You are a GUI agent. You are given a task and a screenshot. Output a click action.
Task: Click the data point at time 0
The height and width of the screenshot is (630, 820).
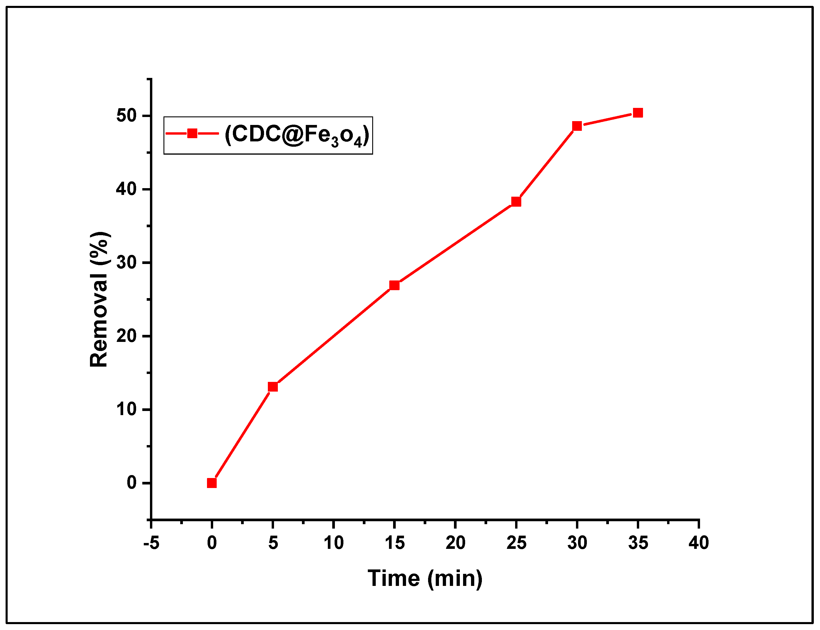[212, 483]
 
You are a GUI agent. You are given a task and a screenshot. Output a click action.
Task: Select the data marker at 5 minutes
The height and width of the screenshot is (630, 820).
[273, 387]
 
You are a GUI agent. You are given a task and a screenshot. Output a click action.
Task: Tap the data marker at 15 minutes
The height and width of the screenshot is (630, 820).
[395, 285]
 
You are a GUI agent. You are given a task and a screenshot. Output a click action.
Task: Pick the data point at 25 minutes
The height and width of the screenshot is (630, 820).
[516, 202]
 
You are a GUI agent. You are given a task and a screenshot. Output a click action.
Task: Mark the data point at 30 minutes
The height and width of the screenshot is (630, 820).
[577, 126]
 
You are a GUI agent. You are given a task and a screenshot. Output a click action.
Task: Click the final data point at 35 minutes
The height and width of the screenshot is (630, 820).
[638, 113]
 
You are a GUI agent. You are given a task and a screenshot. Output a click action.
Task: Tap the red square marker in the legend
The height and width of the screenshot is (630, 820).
[192, 133]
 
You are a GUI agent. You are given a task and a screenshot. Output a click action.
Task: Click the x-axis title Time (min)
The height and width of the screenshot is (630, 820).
[425, 578]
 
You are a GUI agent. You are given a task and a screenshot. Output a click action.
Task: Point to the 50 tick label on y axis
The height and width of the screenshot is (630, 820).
[126, 116]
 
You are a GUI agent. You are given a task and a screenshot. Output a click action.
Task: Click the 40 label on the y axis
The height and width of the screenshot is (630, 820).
[126, 189]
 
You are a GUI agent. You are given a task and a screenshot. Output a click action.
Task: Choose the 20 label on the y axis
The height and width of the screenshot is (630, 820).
[126, 336]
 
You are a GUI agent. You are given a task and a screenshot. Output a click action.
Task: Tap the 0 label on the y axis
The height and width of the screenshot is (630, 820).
[132, 483]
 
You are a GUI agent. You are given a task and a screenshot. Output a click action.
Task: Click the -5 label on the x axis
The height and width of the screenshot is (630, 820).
[151, 543]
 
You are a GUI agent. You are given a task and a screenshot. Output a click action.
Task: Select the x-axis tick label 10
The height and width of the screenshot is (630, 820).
[334, 543]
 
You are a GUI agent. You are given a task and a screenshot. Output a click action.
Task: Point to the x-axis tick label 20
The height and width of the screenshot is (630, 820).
[455, 543]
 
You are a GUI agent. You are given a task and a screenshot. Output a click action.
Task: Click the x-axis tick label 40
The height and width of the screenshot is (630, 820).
[699, 543]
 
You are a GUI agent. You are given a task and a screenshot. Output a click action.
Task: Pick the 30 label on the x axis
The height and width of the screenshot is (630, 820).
[577, 543]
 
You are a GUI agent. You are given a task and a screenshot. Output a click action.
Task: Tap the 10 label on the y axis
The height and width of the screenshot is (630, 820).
[126, 410]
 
